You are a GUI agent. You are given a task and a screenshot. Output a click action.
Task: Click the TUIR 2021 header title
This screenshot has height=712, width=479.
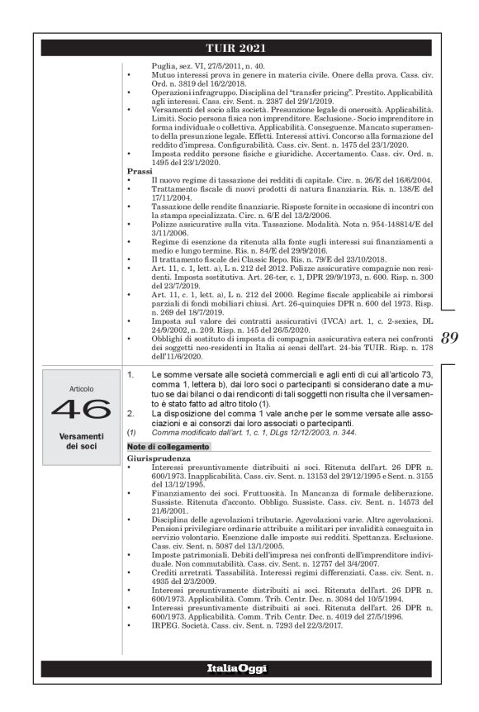click(239, 50)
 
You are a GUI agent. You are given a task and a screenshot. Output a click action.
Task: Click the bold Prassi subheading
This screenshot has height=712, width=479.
click(141, 171)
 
